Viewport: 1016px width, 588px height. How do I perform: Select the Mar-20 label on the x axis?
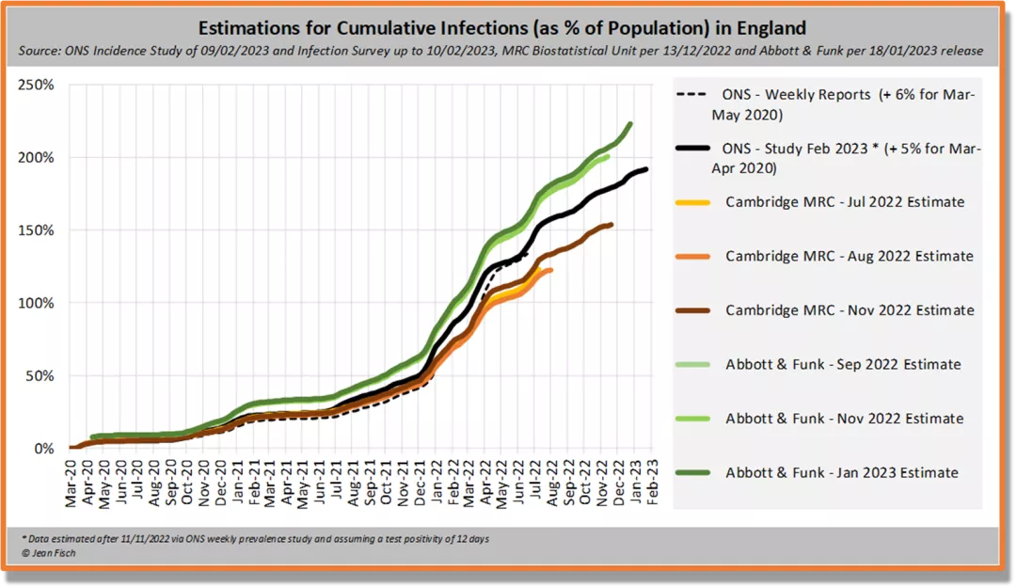[x=72, y=485]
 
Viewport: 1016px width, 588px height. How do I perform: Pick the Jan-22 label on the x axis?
[x=437, y=485]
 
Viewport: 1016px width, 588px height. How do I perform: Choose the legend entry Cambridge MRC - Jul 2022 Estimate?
[x=844, y=202]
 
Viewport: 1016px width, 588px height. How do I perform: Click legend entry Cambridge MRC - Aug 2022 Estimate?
[x=849, y=257]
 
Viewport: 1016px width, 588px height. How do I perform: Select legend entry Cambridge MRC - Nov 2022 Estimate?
[x=849, y=310]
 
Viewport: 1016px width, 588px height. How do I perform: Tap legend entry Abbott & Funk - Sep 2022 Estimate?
[x=843, y=365]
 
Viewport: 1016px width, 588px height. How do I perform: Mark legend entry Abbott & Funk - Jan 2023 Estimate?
[x=842, y=473]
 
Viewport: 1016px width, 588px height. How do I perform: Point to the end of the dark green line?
[x=630, y=123]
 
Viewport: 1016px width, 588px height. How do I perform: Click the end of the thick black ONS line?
[x=646, y=169]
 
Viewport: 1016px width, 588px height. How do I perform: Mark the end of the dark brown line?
[x=612, y=224]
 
